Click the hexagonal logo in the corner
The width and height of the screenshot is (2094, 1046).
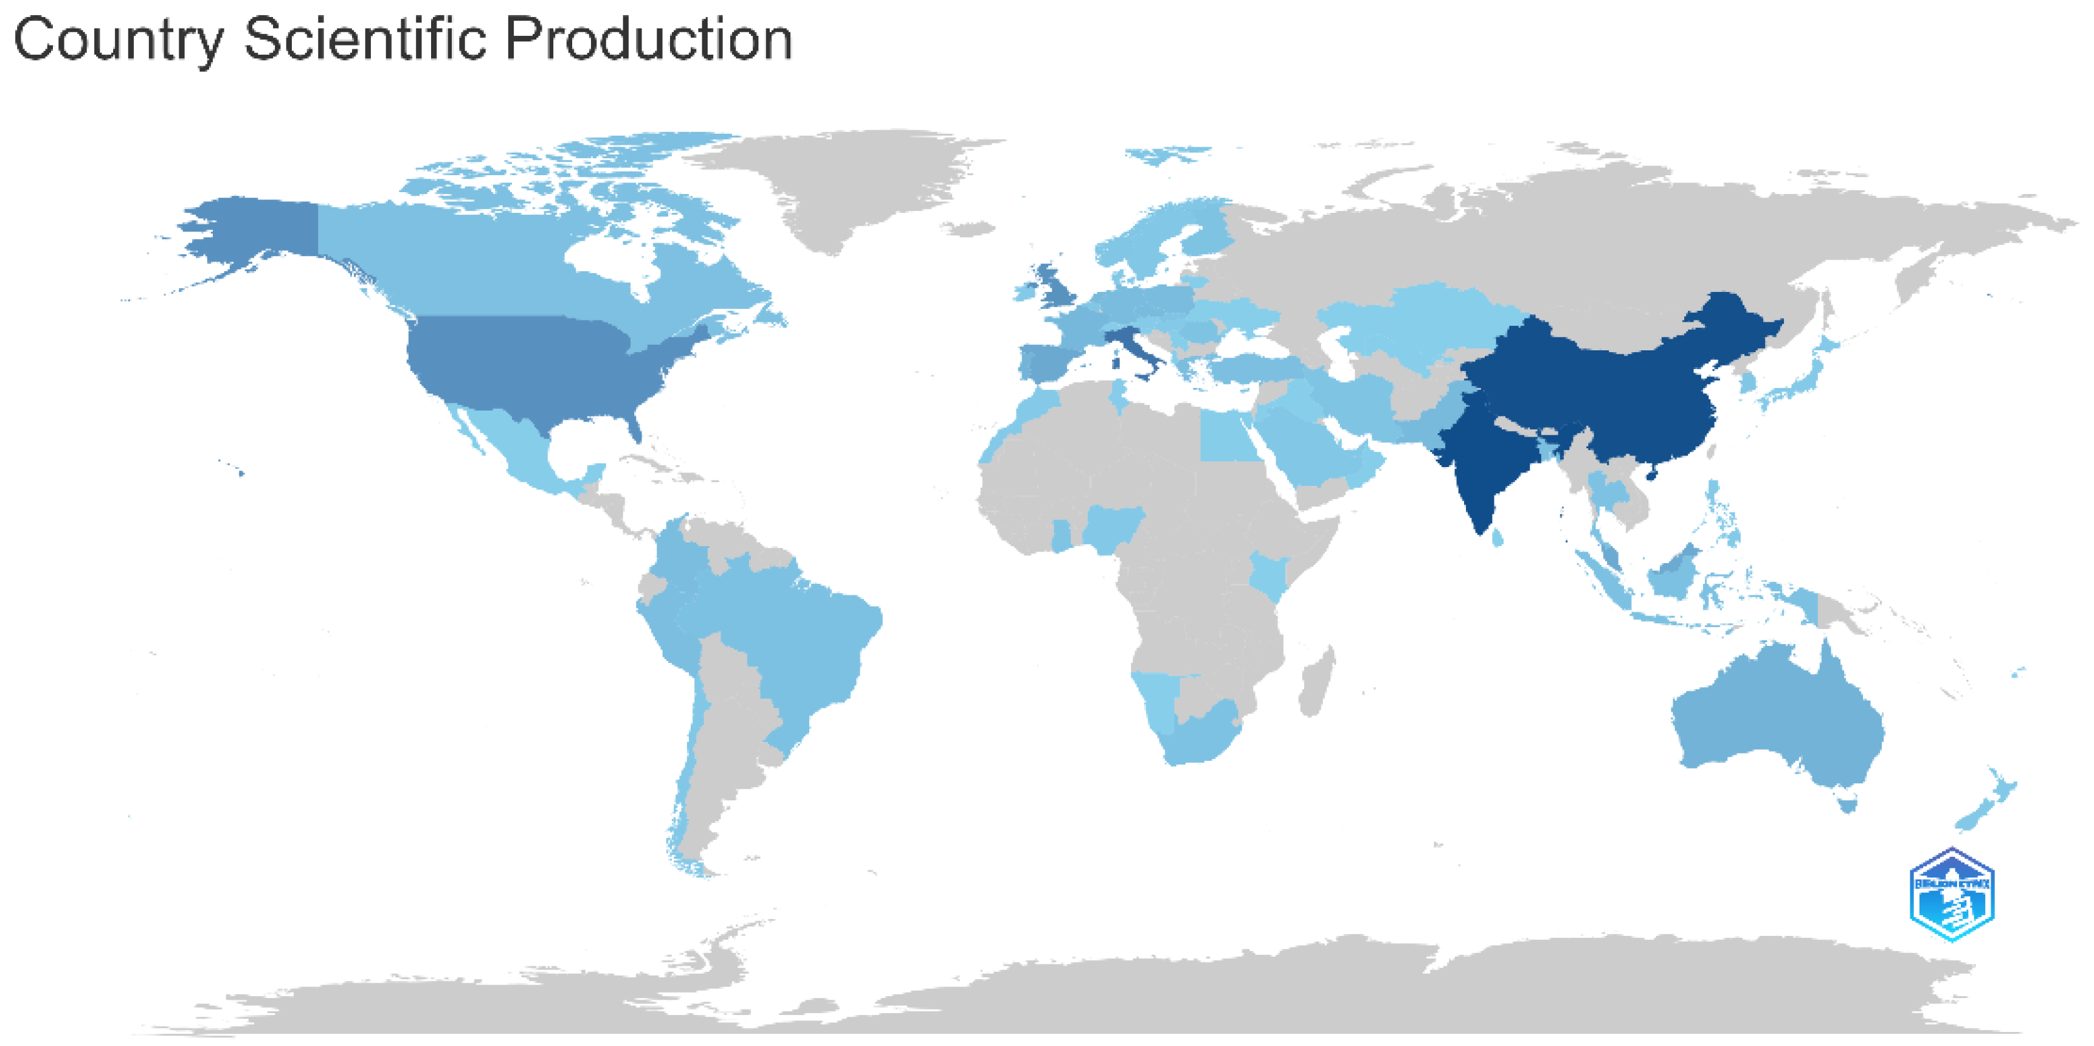[1951, 895]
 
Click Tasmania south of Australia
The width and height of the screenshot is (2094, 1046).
[1848, 805]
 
